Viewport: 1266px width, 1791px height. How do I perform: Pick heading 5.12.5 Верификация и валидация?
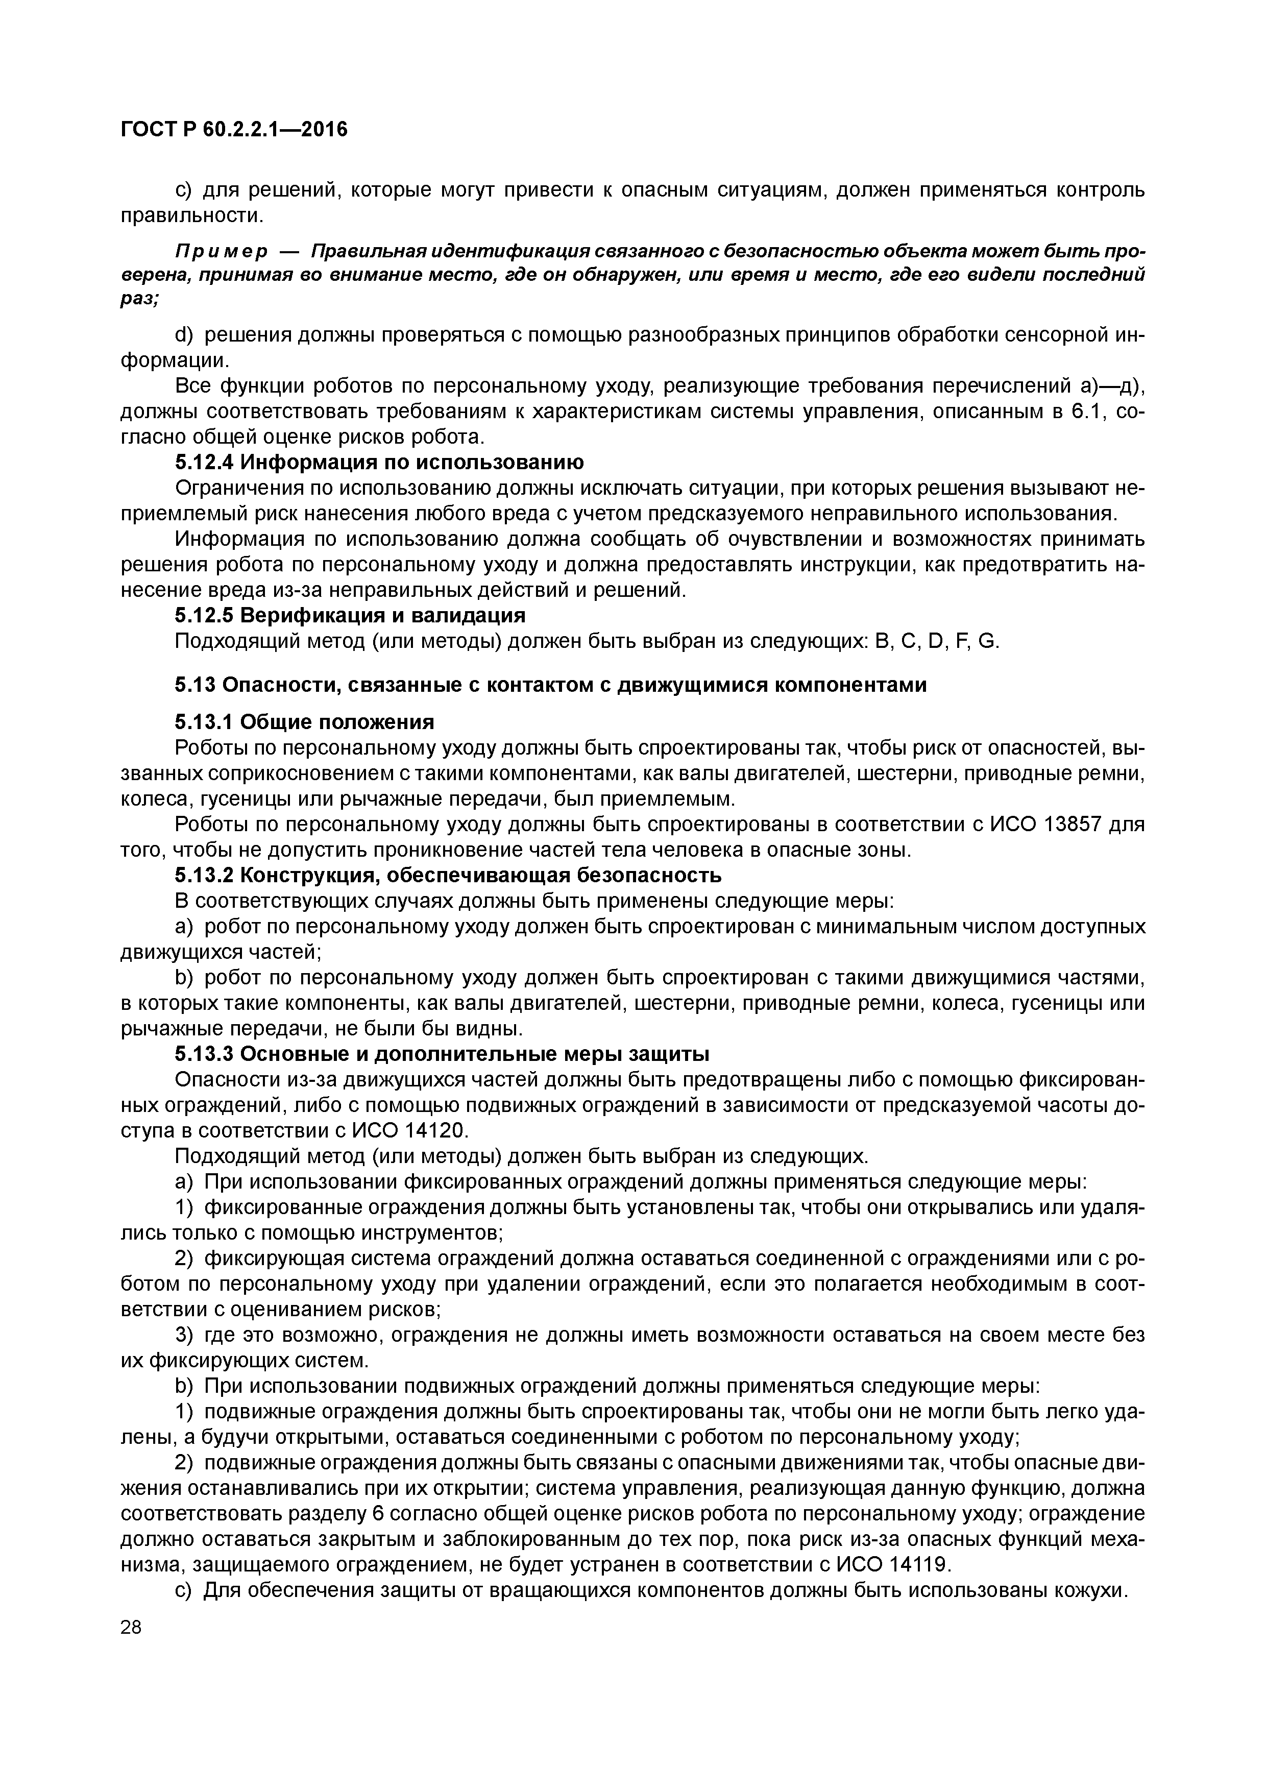pyautogui.click(x=350, y=615)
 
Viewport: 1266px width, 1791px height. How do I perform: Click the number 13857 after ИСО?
pyautogui.click(x=1068, y=824)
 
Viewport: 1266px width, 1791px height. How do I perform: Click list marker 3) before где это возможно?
pyautogui.click(x=184, y=1335)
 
